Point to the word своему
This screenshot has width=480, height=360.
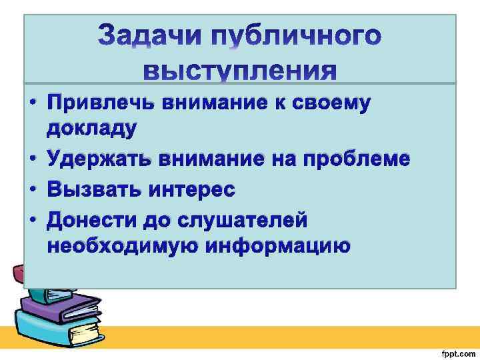(332, 104)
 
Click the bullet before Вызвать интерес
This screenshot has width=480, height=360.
(32, 190)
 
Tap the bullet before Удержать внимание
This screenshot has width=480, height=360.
(32, 161)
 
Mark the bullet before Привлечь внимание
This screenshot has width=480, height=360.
(32, 105)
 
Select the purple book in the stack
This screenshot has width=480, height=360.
(53, 303)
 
